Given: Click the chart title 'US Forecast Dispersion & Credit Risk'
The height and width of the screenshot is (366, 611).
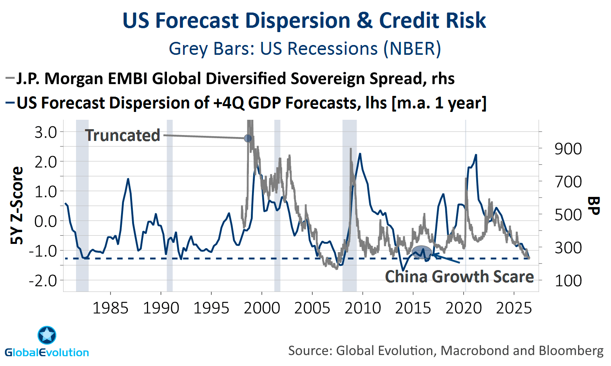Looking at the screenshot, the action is point(304,20).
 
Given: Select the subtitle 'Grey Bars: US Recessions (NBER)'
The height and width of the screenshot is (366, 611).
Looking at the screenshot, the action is point(305,49).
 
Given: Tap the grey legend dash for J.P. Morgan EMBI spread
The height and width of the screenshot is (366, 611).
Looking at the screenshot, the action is point(10,79).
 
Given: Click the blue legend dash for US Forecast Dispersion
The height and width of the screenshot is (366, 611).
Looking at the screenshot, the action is point(10,103).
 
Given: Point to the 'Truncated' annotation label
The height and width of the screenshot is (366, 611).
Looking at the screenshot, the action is point(122,135).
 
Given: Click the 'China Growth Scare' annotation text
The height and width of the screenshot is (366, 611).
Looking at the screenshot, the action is point(459,276).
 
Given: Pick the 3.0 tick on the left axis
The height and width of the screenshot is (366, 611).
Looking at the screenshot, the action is point(45,133).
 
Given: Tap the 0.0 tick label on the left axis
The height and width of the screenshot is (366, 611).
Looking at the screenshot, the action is point(45,221).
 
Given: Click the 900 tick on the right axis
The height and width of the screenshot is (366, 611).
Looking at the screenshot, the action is point(568,149).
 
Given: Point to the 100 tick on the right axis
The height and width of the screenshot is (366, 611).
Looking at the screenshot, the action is point(568,281).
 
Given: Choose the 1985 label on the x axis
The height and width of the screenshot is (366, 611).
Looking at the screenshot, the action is point(111,308).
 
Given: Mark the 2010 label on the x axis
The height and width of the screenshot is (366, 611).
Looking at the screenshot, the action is point(363,308).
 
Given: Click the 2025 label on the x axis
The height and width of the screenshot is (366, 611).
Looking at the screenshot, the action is point(514,308).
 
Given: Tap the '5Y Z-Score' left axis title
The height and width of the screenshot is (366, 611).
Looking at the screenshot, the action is point(17,206).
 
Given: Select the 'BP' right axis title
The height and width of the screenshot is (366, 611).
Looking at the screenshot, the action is point(593,206).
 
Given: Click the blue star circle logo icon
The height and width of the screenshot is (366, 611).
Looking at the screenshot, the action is point(47,335).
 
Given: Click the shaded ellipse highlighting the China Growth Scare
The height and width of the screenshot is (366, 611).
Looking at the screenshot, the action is point(422,252).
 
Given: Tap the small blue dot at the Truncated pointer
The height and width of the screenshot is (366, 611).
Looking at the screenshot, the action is point(248,138).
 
